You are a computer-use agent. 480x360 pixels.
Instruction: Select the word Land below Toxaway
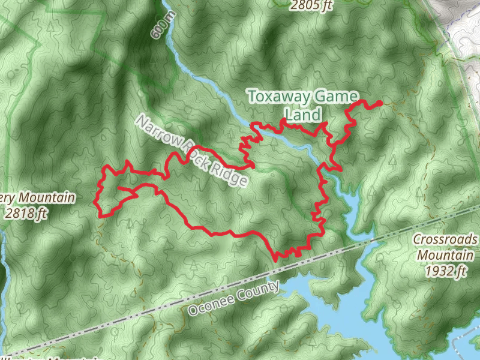point(303,114)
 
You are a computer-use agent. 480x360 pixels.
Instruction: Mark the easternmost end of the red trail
point(380,104)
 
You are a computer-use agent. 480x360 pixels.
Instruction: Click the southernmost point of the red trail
point(275,259)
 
